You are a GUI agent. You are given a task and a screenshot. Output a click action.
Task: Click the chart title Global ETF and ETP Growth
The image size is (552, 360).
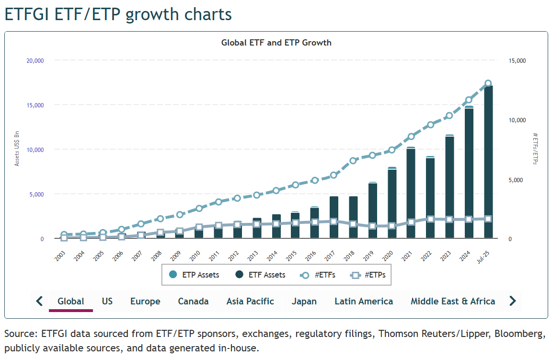276,43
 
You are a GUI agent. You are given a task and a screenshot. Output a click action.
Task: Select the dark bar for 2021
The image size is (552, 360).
411,192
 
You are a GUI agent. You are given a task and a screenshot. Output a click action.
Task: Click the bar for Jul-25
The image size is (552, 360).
488,163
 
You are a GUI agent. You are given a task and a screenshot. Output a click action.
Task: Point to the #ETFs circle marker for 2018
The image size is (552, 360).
353,161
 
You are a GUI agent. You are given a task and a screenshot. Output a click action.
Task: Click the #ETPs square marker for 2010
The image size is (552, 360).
199,227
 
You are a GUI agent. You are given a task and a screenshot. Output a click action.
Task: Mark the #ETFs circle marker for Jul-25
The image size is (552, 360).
488,83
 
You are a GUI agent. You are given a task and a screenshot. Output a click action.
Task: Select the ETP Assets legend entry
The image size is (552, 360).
195,275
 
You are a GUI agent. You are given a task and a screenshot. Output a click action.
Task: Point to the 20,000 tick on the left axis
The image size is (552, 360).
35,60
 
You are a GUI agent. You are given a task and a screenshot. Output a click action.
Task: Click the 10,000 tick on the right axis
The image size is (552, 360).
517,120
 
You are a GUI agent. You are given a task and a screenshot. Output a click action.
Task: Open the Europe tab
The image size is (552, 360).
145,302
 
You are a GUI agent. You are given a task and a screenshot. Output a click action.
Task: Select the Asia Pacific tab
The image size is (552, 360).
250,302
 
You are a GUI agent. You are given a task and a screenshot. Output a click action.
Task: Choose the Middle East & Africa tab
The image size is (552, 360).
452,302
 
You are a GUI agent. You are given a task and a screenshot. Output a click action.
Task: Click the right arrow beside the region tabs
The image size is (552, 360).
512,301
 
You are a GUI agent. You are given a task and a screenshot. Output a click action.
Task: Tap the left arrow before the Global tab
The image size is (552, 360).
39,301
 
